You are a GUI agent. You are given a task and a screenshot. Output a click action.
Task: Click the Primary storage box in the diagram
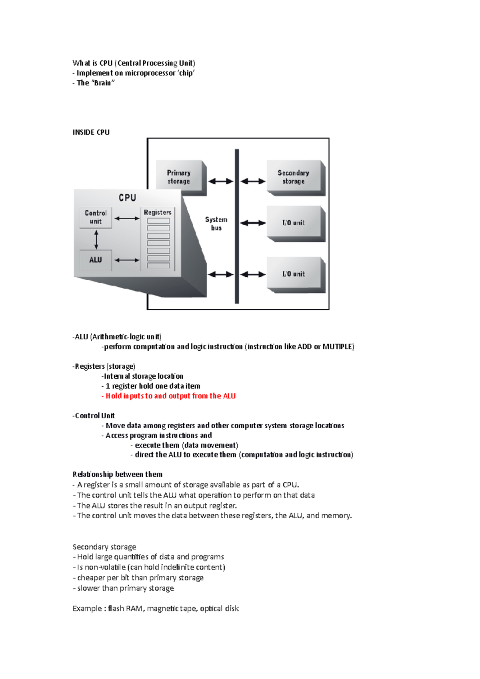coord(179,177)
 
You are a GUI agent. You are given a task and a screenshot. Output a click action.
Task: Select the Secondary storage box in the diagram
coord(294,177)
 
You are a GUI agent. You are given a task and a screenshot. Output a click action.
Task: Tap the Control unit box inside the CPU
coord(96,217)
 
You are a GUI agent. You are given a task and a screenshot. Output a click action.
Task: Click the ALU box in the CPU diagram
coord(96,260)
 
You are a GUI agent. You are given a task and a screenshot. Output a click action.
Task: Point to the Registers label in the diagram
coord(158,212)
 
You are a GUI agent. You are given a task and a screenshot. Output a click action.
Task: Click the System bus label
coord(216,224)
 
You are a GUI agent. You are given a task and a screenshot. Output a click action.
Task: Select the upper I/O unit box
coord(294,223)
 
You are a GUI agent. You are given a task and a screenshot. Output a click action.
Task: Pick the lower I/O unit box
coord(294,274)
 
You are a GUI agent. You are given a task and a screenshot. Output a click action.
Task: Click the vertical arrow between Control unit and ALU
coord(96,240)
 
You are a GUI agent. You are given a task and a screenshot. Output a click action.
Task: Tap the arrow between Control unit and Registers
coord(127,218)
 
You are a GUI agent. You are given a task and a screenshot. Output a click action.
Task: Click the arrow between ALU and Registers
coord(127,260)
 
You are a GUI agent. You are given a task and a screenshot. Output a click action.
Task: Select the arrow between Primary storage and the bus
coord(220,181)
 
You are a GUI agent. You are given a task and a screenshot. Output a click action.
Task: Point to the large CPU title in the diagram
coord(127,198)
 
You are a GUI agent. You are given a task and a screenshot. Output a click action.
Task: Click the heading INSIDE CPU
coord(91,132)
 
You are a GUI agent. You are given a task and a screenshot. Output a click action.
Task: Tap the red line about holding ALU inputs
coord(170,396)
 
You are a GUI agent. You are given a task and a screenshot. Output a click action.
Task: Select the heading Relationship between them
coord(118,474)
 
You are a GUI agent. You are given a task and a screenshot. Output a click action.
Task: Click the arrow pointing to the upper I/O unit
coord(253,223)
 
